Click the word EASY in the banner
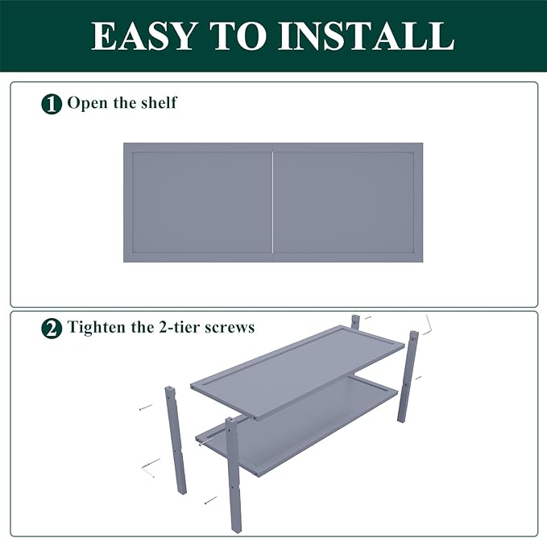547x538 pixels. point(143,36)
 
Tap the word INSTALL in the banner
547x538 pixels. point(366,36)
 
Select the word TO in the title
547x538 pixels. point(237,36)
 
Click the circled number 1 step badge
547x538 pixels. point(52,104)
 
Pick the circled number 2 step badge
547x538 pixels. point(52,328)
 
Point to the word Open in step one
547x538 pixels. point(87,104)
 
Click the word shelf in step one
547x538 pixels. point(159,102)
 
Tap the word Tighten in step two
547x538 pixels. point(97,328)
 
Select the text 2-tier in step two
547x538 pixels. point(179,327)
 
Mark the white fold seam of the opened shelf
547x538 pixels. point(272,202)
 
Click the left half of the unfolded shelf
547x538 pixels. point(198,202)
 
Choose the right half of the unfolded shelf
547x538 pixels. point(348,202)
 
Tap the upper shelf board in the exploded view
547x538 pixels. point(297,371)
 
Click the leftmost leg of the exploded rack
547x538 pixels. point(176,440)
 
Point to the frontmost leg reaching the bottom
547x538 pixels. point(234,475)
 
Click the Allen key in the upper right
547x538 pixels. point(429,325)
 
